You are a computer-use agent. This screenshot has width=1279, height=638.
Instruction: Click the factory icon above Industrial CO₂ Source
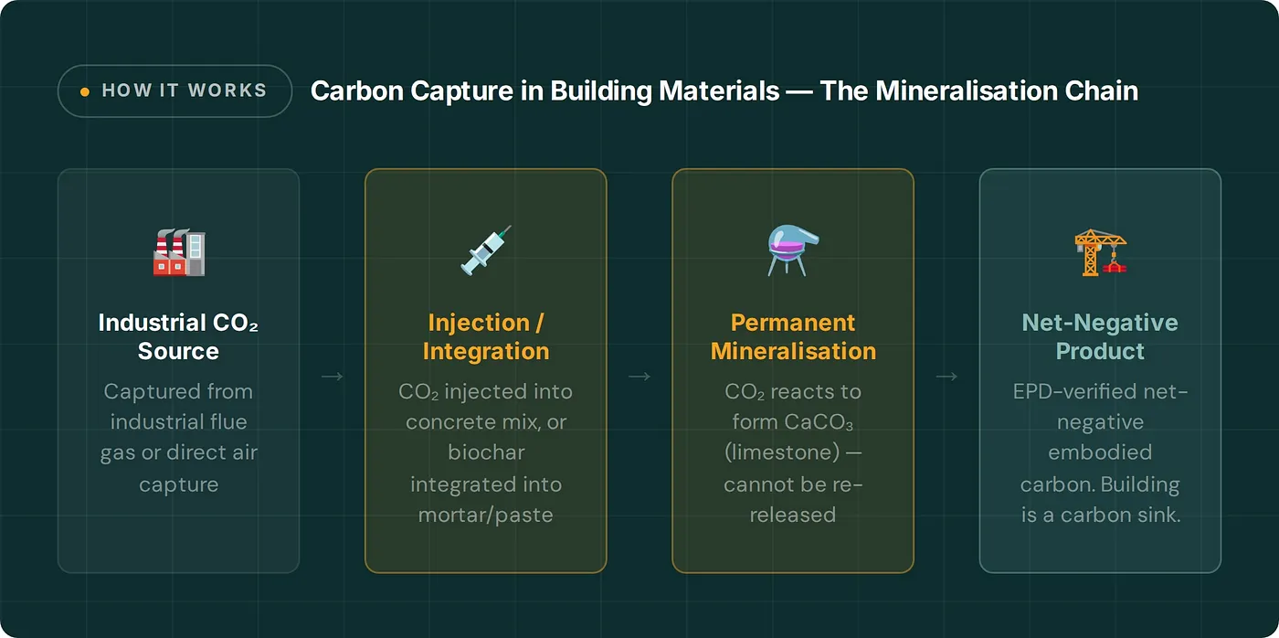tap(179, 252)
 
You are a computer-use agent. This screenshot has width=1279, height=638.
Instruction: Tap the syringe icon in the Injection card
tap(485, 250)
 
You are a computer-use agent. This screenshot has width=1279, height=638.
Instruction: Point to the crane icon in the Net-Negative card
tap(1100, 252)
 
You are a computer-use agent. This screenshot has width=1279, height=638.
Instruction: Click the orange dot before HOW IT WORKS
tap(85, 91)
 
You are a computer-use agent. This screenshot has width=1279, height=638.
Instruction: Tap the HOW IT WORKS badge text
tap(185, 90)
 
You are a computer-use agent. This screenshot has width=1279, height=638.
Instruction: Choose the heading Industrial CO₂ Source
tap(179, 336)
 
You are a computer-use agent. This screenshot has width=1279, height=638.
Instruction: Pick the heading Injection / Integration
tap(485, 336)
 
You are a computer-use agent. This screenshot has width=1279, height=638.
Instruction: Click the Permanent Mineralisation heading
tap(793, 336)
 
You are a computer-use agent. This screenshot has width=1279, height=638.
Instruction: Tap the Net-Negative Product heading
tap(1100, 336)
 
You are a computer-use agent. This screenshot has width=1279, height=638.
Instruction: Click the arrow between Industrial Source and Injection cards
tap(333, 376)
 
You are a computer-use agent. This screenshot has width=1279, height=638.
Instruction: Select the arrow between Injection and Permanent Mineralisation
tap(639, 376)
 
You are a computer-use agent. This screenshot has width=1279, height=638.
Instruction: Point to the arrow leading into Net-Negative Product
tap(946, 376)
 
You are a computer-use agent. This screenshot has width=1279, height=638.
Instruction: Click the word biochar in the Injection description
tap(486, 452)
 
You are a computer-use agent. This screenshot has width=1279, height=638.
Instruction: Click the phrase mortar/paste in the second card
tap(486, 515)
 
